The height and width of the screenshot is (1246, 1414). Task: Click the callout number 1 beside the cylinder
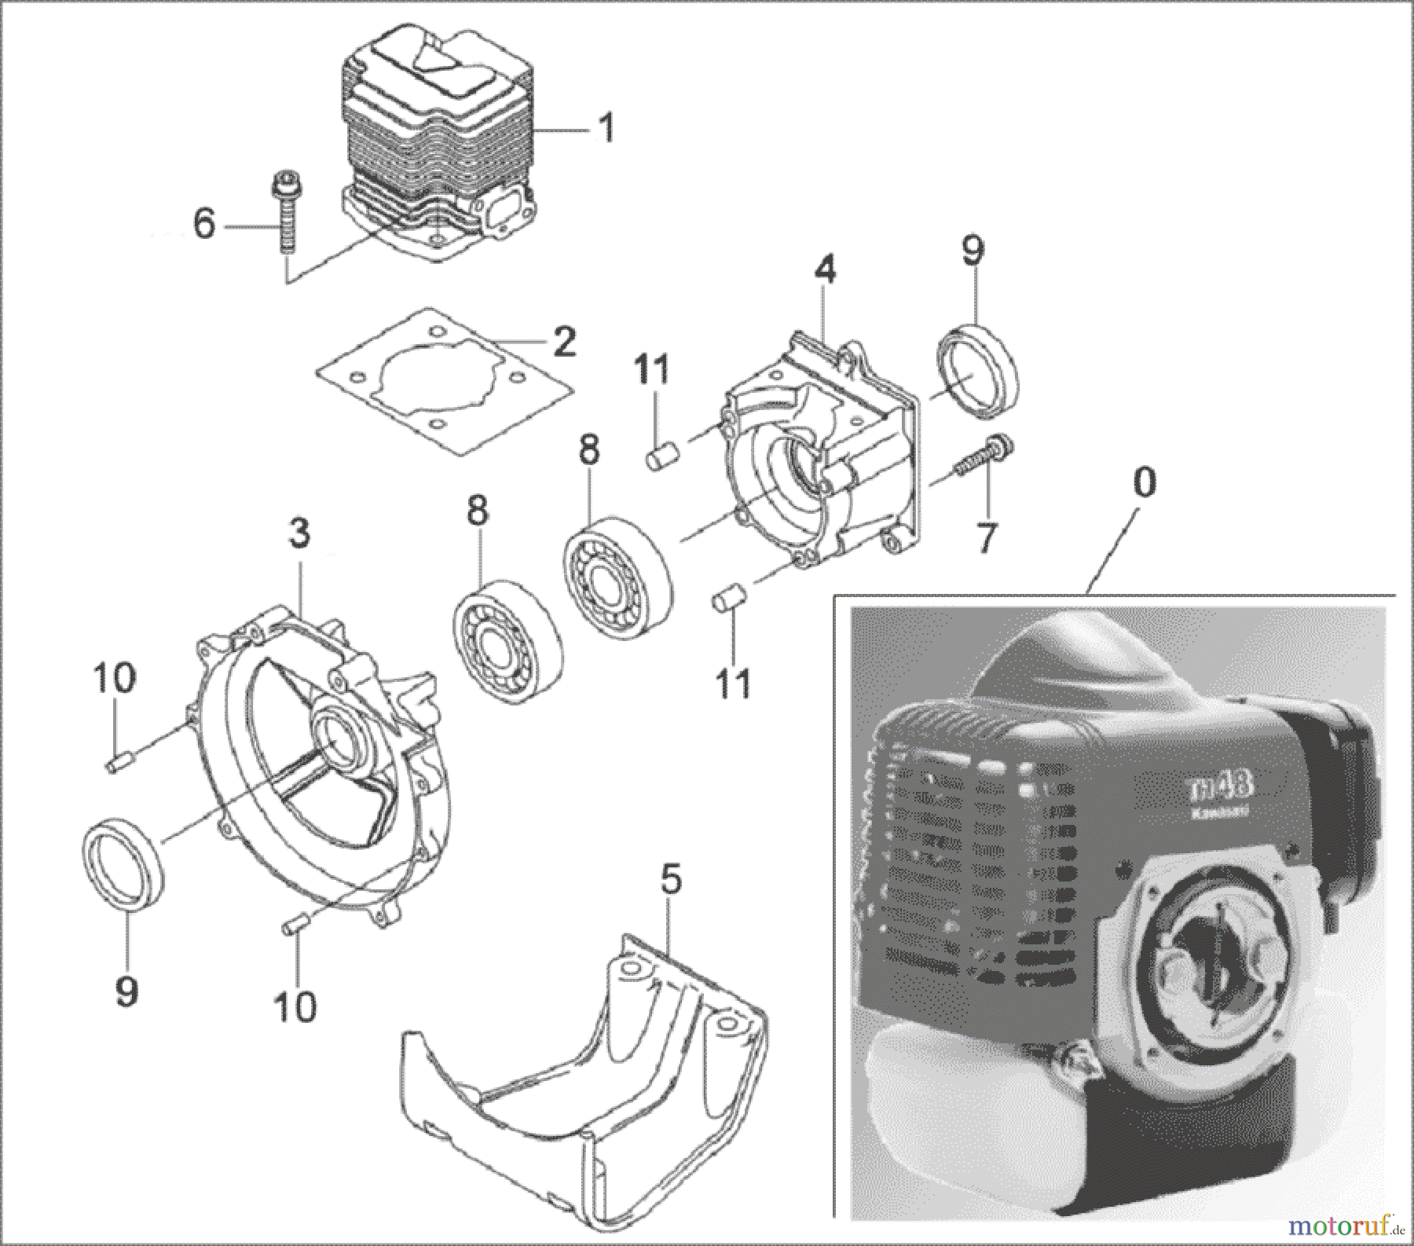click(x=606, y=128)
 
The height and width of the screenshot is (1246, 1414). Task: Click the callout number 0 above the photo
click(x=1145, y=483)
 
